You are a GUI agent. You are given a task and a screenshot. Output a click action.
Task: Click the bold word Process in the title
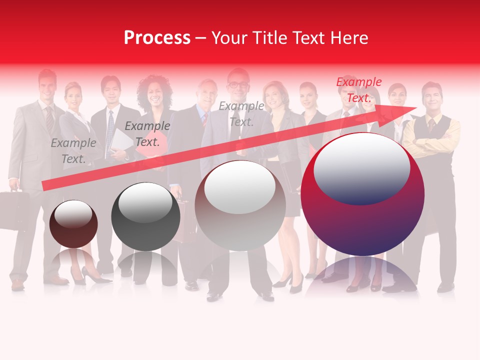[157, 38]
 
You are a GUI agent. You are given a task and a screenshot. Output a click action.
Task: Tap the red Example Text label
[358, 90]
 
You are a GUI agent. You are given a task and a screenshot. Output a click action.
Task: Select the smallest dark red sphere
[73, 224]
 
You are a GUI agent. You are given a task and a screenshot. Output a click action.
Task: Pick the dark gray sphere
[145, 216]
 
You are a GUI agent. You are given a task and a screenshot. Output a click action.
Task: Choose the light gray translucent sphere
[240, 205]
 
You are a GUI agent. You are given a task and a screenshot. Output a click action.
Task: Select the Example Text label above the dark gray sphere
[147, 134]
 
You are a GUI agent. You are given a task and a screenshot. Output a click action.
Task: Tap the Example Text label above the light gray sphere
[241, 114]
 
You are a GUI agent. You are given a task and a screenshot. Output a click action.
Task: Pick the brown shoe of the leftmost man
[18, 284]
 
